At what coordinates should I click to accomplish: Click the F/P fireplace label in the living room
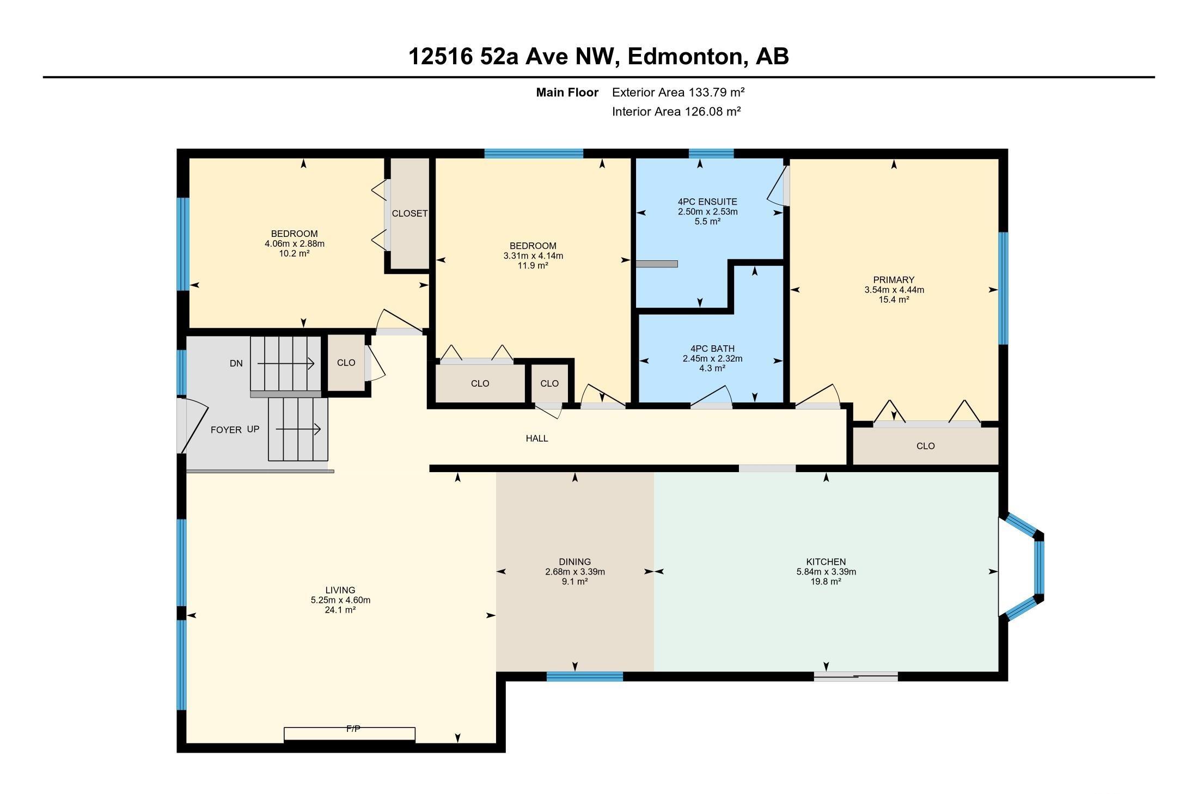(x=353, y=729)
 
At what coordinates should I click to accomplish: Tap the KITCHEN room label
(x=826, y=561)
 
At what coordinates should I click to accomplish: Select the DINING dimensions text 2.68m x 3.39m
(x=574, y=572)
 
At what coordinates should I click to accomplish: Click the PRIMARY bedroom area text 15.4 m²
(x=894, y=300)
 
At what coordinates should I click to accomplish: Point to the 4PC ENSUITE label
(x=707, y=201)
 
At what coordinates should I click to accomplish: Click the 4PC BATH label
(x=712, y=349)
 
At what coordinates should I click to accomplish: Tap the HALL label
(x=536, y=438)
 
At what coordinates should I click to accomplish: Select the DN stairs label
(x=236, y=363)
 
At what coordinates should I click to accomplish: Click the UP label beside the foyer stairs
(x=253, y=429)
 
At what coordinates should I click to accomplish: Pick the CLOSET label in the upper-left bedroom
(x=409, y=213)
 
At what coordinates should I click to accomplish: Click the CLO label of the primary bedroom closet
(x=925, y=446)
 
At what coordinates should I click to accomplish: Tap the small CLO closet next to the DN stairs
(x=346, y=363)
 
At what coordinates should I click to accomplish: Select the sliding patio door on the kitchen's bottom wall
(x=855, y=677)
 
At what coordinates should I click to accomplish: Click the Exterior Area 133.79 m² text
(x=678, y=92)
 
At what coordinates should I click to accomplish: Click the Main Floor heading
(x=567, y=93)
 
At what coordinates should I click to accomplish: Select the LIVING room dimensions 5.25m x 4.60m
(x=340, y=600)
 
